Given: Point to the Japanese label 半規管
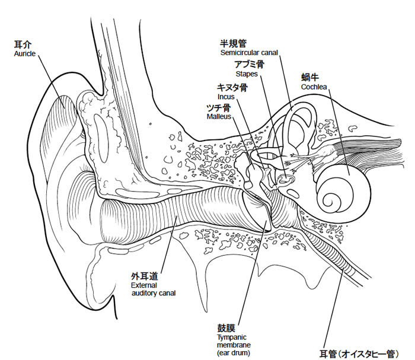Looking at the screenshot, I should (x=233, y=43).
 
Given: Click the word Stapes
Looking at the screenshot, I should (x=246, y=75).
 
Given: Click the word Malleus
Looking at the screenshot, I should (x=219, y=117).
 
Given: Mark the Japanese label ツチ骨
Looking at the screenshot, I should (x=218, y=108).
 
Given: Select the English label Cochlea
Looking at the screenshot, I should (x=314, y=87).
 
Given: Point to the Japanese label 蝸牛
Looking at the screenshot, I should (x=309, y=78).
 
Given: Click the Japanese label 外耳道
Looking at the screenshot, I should (x=144, y=276).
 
